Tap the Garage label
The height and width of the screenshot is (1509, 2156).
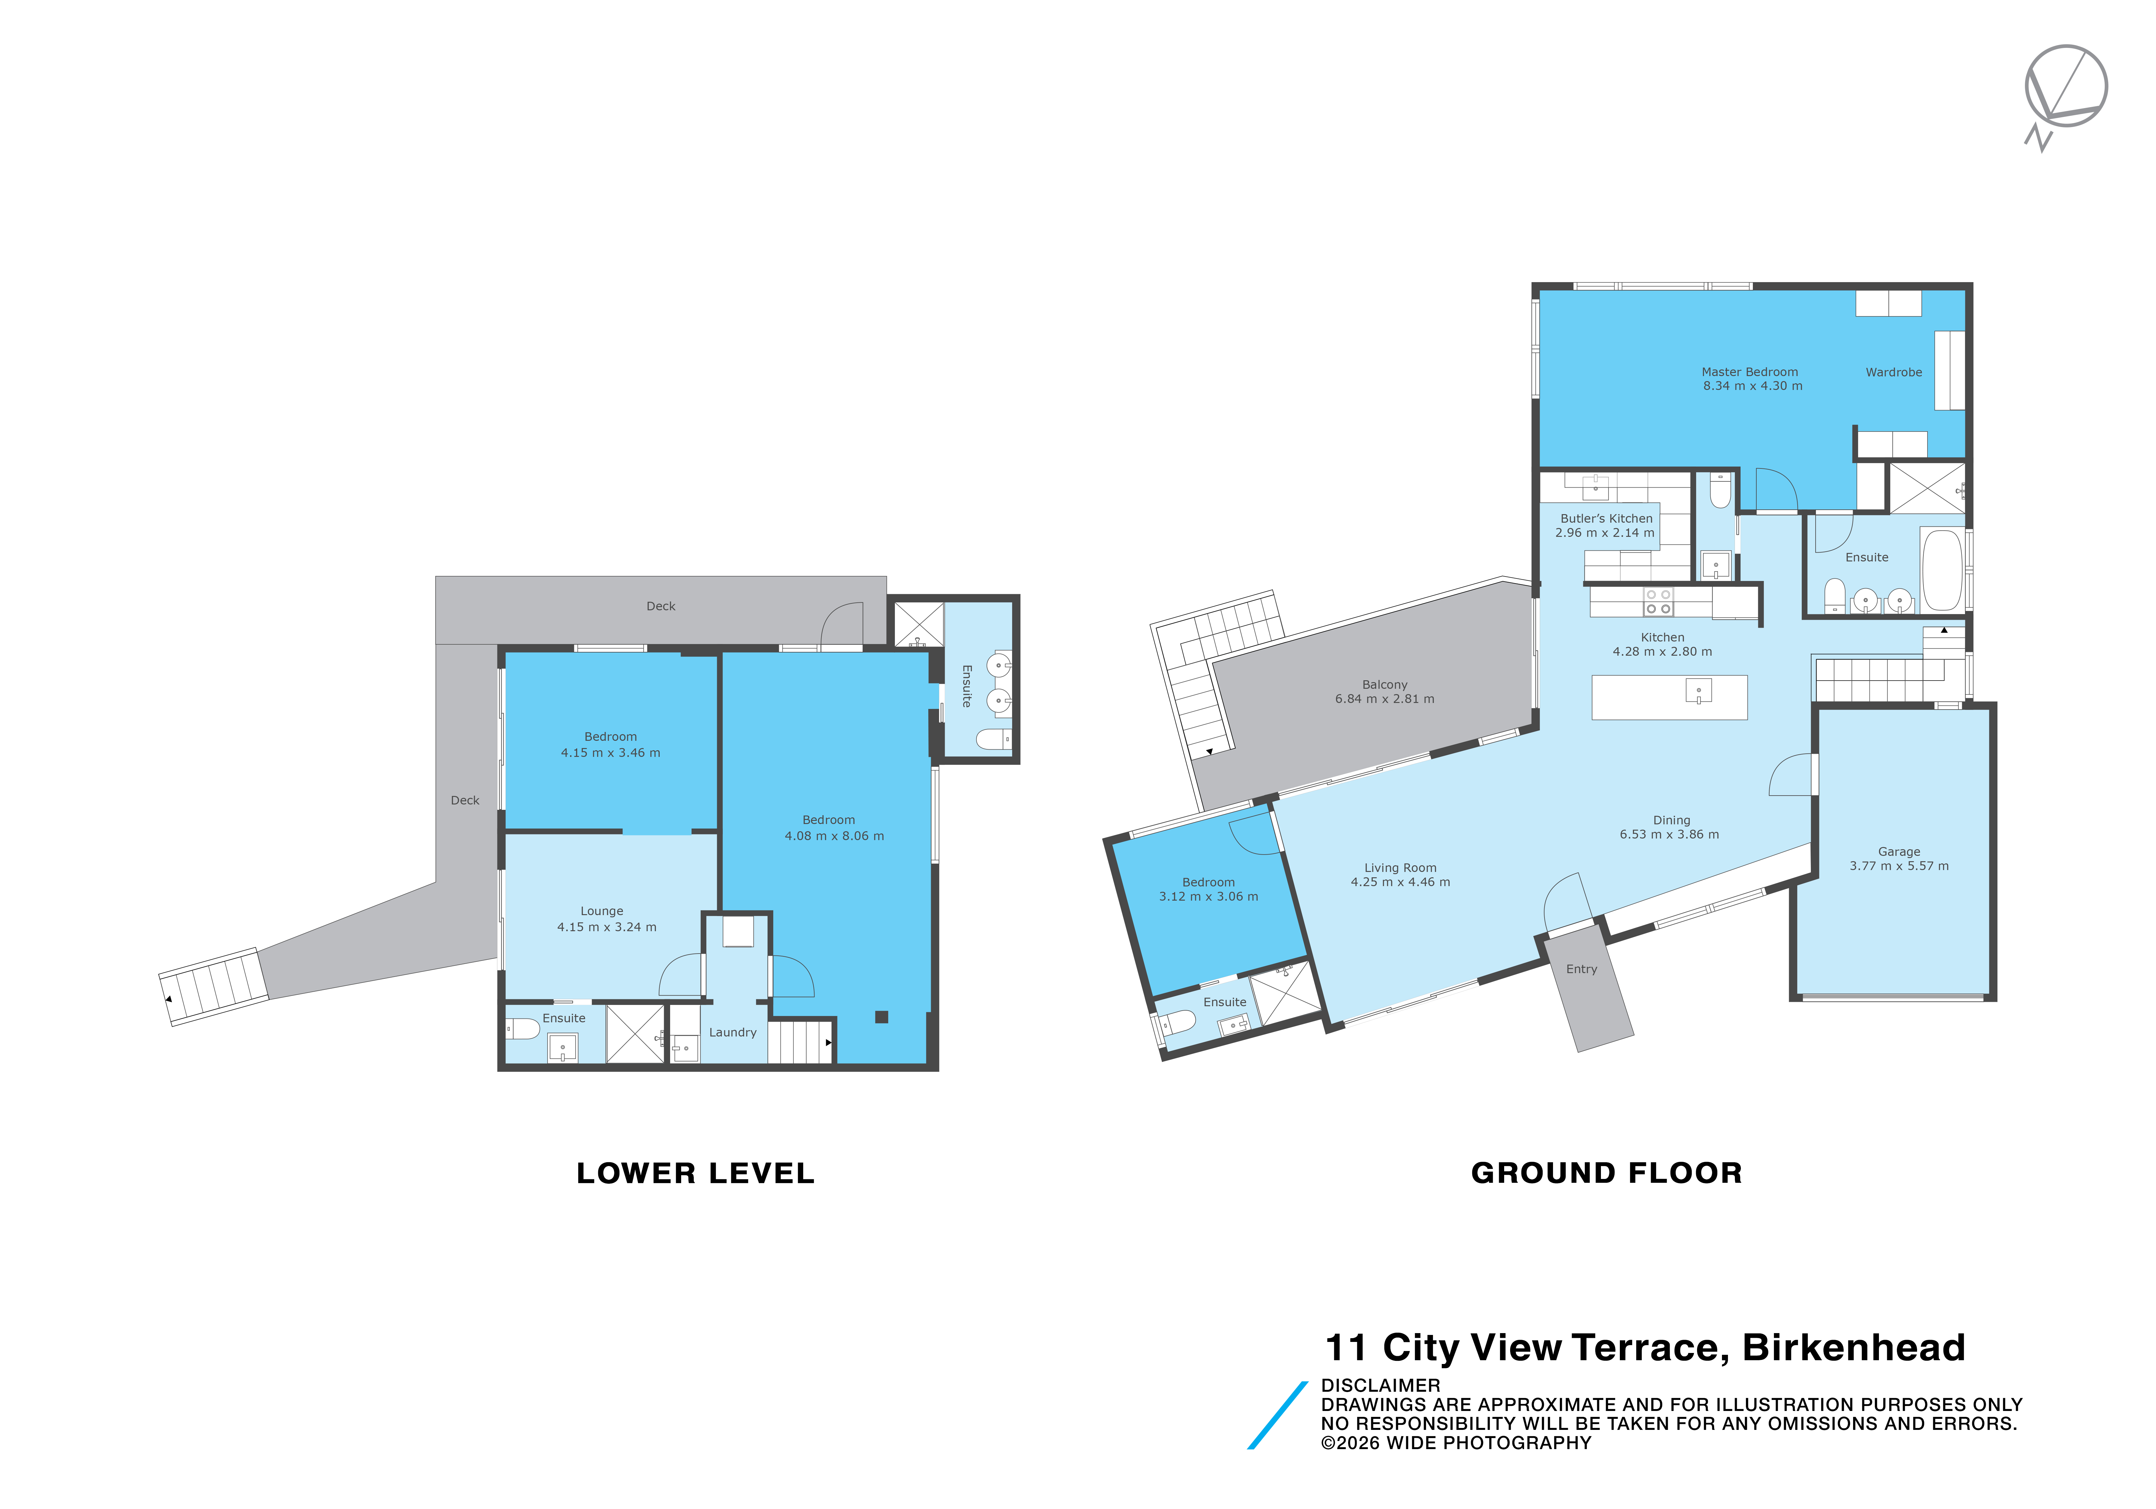click(x=1899, y=852)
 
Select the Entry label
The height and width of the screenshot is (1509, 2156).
click(x=1581, y=969)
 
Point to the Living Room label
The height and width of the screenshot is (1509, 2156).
click(x=1400, y=868)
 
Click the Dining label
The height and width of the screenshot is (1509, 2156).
click(x=1672, y=820)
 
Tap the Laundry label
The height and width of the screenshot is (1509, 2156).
click(x=733, y=1032)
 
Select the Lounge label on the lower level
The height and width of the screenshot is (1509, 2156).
click(x=602, y=911)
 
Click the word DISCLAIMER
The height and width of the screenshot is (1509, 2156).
click(x=1380, y=1385)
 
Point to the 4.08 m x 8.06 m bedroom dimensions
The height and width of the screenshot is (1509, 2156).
click(x=834, y=836)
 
